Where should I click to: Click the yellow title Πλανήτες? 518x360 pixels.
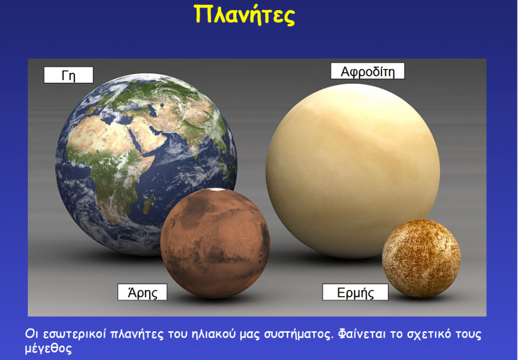click(x=244, y=16)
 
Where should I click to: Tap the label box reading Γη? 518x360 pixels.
click(x=68, y=75)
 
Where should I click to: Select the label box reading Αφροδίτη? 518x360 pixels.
click(x=367, y=71)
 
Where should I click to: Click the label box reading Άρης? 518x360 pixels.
click(x=142, y=292)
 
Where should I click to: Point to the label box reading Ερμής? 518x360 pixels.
click(x=355, y=292)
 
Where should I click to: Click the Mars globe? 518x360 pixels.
click(x=215, y=243)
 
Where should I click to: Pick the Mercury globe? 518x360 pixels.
click(x=421, y=258)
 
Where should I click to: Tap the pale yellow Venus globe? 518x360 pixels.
click(x=353, y=171)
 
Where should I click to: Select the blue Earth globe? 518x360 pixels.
click(x=146, y=164)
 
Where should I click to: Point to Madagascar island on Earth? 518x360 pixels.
click(x=149, y=200)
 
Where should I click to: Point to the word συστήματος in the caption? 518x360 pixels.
click(x=298, y=335)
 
